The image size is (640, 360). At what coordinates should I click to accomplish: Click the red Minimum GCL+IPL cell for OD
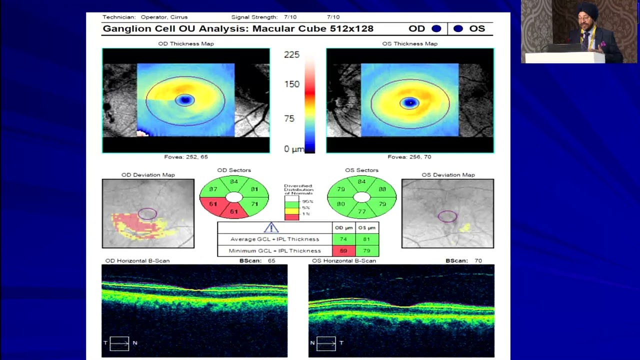[x=343, y=250]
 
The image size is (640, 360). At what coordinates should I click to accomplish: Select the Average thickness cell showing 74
[x=343, y=239]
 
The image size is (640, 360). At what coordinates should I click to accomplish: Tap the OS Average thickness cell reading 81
[x=367, y=239]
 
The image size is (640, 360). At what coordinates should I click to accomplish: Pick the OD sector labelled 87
[x=213, y=189]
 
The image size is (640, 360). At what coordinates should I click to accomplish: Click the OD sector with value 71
[x=254, y=204]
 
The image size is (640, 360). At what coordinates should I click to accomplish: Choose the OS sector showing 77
[x=361, y=211]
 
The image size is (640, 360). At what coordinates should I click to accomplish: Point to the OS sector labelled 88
[x=382, y=189]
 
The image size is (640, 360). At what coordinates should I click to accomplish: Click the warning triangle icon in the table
[x=271, y=227]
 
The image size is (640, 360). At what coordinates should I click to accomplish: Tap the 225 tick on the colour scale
[x=291, y=54]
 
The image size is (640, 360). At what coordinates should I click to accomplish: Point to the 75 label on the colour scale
[x=289, y=118]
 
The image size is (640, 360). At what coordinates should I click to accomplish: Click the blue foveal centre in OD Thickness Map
[x=185, y=100]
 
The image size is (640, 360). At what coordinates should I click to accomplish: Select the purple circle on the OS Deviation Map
[x=447, y=216]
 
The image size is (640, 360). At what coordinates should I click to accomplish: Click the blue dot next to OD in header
[x=436, y=28]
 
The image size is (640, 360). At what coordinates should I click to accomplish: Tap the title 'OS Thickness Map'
[x=409, y=43]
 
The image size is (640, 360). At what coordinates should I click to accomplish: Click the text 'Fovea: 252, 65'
[x=185, y=156]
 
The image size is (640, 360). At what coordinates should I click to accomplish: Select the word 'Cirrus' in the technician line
[x=179, y=17]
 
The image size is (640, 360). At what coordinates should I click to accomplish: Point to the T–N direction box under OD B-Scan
[x=119, y=343]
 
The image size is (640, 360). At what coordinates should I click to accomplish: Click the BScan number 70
[x=478, y=260]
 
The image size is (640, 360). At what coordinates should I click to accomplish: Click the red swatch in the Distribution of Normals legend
[x=291, y=216]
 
